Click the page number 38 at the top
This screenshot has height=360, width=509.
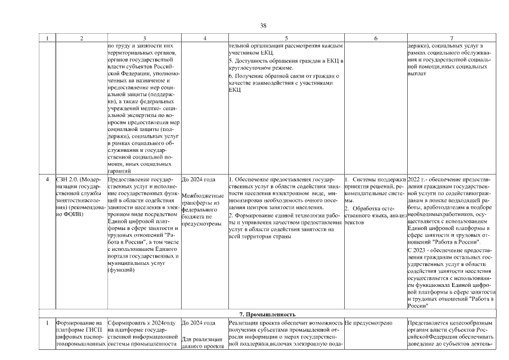pyautogui.click(x=263, y=25)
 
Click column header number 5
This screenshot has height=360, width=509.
pyautogui.click(x=286, y=38)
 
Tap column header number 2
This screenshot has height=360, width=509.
pyautogui.click(x=82, y=38)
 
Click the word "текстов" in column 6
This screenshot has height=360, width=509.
pyautogui.click(x=355, y=222)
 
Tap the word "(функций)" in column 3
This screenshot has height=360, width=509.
pyautogui.click(x=120, y=270)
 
